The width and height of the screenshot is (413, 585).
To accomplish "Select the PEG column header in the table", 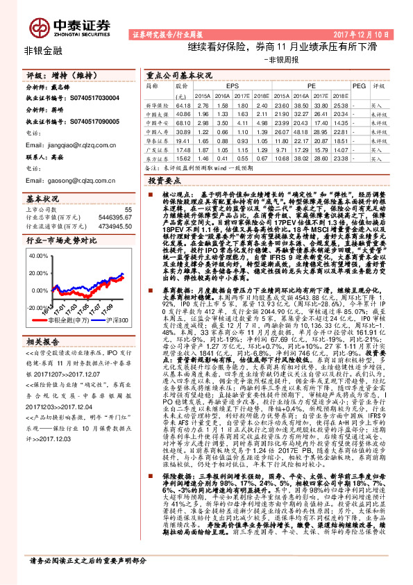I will coord(358,85).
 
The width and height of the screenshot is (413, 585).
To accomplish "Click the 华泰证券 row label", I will coord(157,140).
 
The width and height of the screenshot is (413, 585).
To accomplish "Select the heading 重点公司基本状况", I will coord(179,74).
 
